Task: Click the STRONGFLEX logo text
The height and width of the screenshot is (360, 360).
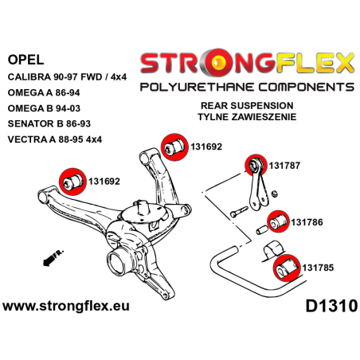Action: pos(245,61)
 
